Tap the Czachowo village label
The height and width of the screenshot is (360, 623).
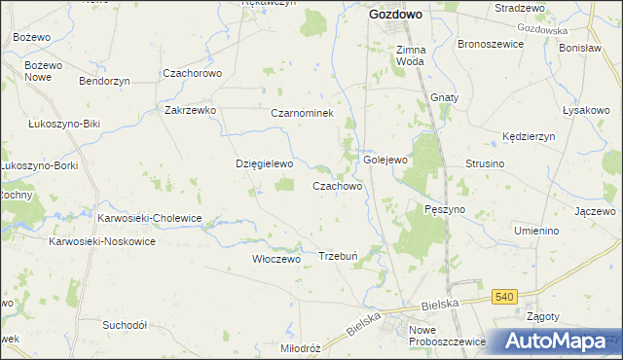[338, 186]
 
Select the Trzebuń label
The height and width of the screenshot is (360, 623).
[340, 256]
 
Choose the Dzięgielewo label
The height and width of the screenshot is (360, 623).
[265, 164]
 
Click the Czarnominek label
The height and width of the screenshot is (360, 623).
[302, 114]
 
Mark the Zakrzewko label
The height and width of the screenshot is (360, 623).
[190, 111]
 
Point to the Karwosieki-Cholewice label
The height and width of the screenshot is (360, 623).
[149, 219]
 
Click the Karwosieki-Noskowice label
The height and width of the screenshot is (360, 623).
[102, 241]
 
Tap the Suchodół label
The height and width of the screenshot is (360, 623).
[125, 324]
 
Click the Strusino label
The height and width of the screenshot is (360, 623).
[485, 164]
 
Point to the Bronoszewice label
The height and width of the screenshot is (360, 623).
[492, 45]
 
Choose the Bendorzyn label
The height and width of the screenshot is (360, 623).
[104, 81]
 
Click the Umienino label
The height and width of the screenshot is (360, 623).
[536, 231]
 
